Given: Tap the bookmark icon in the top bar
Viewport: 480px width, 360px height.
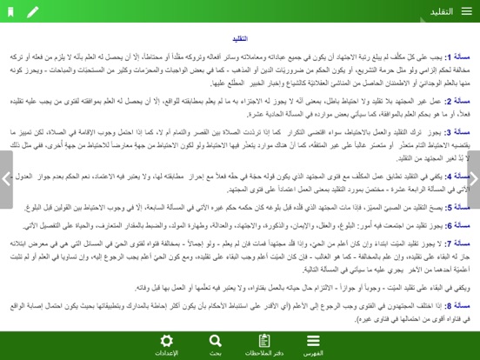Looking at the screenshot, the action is [x=11, y=11].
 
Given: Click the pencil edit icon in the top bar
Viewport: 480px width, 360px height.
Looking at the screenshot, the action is [x=33, y=11].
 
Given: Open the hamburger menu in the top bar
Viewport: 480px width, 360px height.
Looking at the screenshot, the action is [x=467, y=11].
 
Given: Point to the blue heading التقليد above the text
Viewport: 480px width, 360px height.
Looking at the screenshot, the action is [x=240, y=39].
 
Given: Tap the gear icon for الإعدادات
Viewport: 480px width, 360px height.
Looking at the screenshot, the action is [x=166, y=340].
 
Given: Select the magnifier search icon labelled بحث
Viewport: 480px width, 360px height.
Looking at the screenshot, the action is [x=215, y=340].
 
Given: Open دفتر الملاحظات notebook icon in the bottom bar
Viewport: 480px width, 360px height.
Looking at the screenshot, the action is [x=264, y=340].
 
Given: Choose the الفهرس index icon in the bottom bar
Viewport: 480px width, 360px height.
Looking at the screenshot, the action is [x=313, y=340].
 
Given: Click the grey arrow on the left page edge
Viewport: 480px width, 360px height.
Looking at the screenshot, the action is [x=6, y=179].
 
